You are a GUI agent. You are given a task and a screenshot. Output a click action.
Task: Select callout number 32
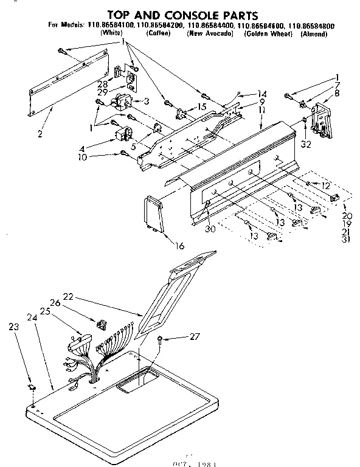click(x=305, y=144)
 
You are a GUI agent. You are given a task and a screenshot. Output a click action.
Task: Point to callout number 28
click(x=102, y=83)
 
